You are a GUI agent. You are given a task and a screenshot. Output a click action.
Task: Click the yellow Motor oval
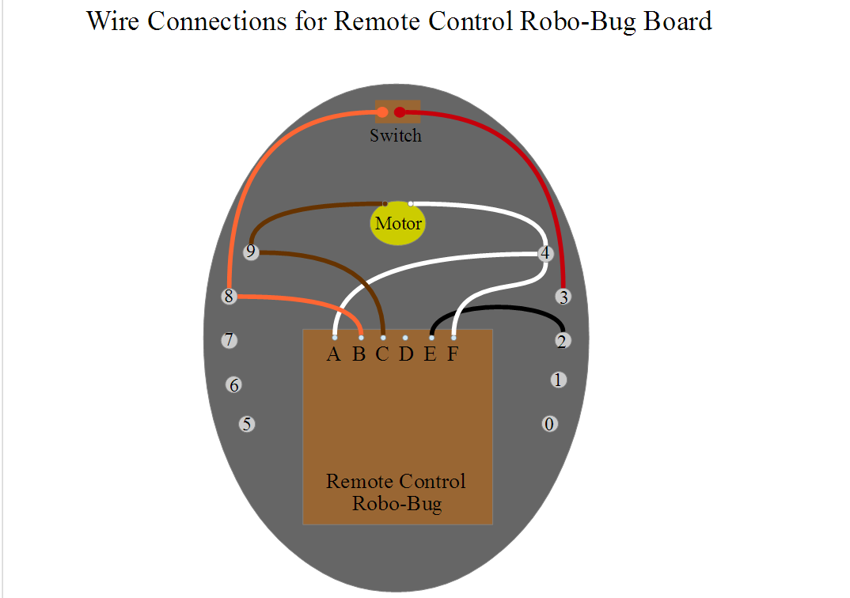397,222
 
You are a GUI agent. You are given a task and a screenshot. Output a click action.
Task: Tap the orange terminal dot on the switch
382,112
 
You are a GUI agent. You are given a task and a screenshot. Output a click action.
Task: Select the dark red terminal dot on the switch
400,112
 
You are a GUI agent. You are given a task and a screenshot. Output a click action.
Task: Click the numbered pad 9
250,252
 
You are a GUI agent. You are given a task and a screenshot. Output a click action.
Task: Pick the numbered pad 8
230,297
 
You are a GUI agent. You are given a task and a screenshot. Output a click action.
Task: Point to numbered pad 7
230,340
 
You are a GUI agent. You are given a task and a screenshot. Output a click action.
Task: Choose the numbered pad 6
233,385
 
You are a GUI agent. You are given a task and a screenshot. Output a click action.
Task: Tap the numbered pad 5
247,424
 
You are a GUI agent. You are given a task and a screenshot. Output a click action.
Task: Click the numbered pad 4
545,253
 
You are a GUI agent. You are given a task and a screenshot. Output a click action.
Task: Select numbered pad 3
564,297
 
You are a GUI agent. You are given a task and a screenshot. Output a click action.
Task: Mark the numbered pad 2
562,341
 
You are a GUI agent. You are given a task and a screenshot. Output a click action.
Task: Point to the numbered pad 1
558,380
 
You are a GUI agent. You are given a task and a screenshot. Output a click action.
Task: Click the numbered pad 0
550,424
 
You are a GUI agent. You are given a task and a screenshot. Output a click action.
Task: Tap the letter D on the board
406,354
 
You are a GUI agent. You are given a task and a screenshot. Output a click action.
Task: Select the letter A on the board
333,354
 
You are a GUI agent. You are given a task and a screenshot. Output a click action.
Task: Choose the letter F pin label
453,354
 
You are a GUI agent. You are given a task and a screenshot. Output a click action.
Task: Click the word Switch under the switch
396,135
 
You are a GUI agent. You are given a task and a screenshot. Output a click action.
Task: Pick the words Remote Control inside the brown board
396,481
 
